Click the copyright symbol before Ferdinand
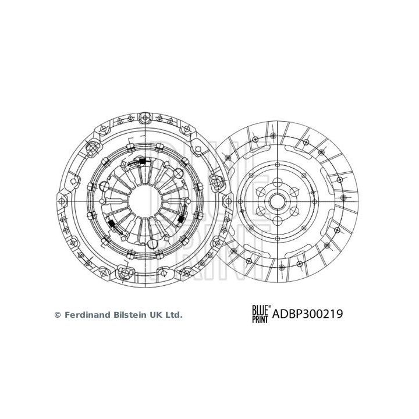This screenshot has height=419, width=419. (57, 315)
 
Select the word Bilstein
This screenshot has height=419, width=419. (129, 315)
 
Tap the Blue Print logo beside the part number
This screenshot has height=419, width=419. (260, 315)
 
